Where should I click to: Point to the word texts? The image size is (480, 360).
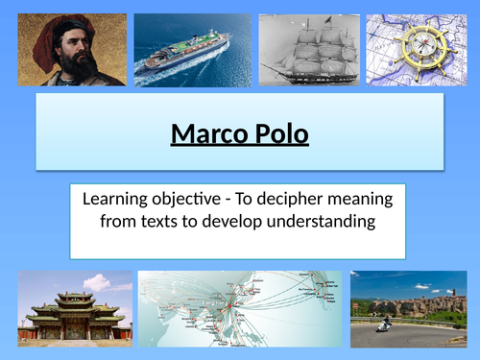[x=163, y=223]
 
